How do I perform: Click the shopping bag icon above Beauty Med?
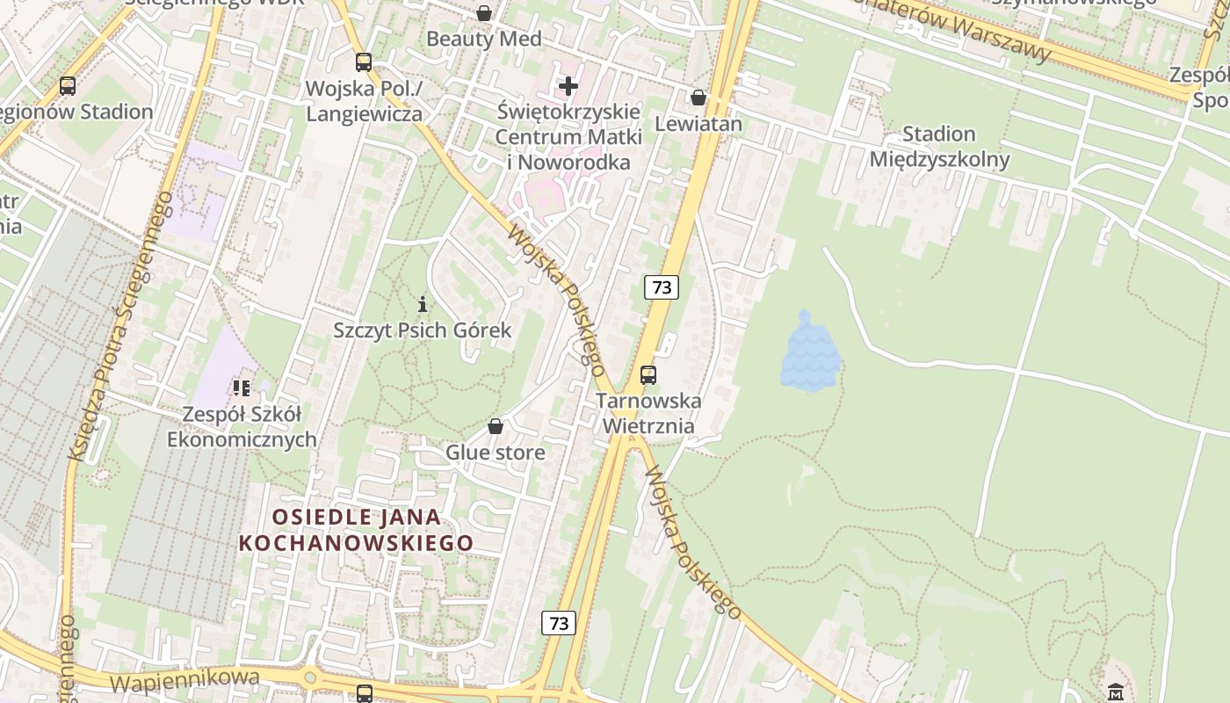[484, 13]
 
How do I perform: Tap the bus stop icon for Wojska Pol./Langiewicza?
[363, 62]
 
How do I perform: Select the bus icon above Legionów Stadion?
[68, 86]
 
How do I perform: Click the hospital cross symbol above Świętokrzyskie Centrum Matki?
[568, 86]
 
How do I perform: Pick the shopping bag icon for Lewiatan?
[698, 97]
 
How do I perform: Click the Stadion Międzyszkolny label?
[939, 147]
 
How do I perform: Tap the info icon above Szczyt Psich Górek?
[423, 305]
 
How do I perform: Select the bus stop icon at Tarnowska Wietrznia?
[648, 375]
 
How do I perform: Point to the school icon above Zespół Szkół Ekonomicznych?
[242, 388]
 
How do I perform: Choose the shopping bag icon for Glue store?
[496, 427]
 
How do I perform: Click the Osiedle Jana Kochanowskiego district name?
[356, 530]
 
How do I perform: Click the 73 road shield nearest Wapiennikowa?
[558, 623]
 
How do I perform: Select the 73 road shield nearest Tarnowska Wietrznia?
[662, 287]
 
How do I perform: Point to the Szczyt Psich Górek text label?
[422, 330]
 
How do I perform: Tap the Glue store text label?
[496, 453]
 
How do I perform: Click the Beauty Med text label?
[484, 40]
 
